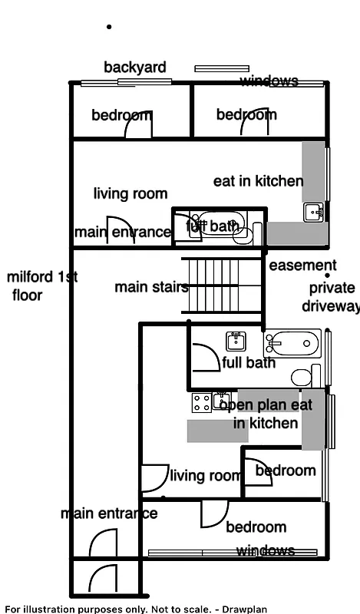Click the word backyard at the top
pyautogui.click(x=135, y=68)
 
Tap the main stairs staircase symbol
pyautogui.click(x=223, y=286)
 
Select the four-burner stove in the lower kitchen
pyautogui.click(x=201, y=402)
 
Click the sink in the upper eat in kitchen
pyautogui.click(x=313, y=212)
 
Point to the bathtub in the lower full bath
pyautogui.click(x=292, y=343)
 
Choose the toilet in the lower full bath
pyautogui.click(x=302, y=377)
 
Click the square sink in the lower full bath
pyautogui.click(x=236, y=341)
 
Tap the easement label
pyautogui.click(x=302, y=266)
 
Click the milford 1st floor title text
pyautogui.click(x=42, y=286)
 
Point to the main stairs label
pyautogui.click(x=151, y=288)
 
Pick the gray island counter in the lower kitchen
pyautogui.click(x=217, y=431)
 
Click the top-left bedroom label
pyautogui.click(x=121, y=116)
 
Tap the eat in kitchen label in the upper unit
pyautogui.click(x=258, y=181)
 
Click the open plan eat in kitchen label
pyautogui.click(x=266, y=414)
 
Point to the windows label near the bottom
pyautogui.click(x=265, y=551)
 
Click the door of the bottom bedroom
pyautogui.click(x=214, y=513)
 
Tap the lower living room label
pyautogui.click(x=205, y=476)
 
